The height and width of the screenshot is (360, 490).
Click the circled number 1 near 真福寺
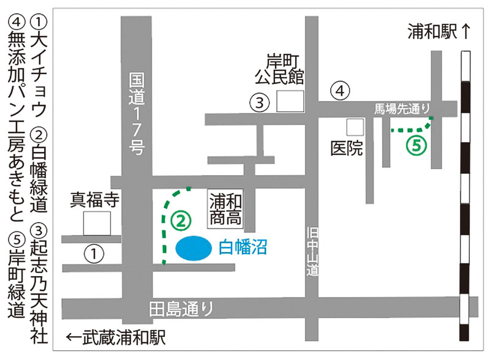pos(92,252)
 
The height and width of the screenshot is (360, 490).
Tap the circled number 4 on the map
pos(340,91)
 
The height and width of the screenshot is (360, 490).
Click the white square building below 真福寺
pos(97,223)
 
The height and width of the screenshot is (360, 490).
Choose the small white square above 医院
pos(355,127)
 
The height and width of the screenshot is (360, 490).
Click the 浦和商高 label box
pos(226,209)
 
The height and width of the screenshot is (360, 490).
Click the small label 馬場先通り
pos(403,110)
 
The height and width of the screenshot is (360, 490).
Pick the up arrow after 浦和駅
pos(467,32)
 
